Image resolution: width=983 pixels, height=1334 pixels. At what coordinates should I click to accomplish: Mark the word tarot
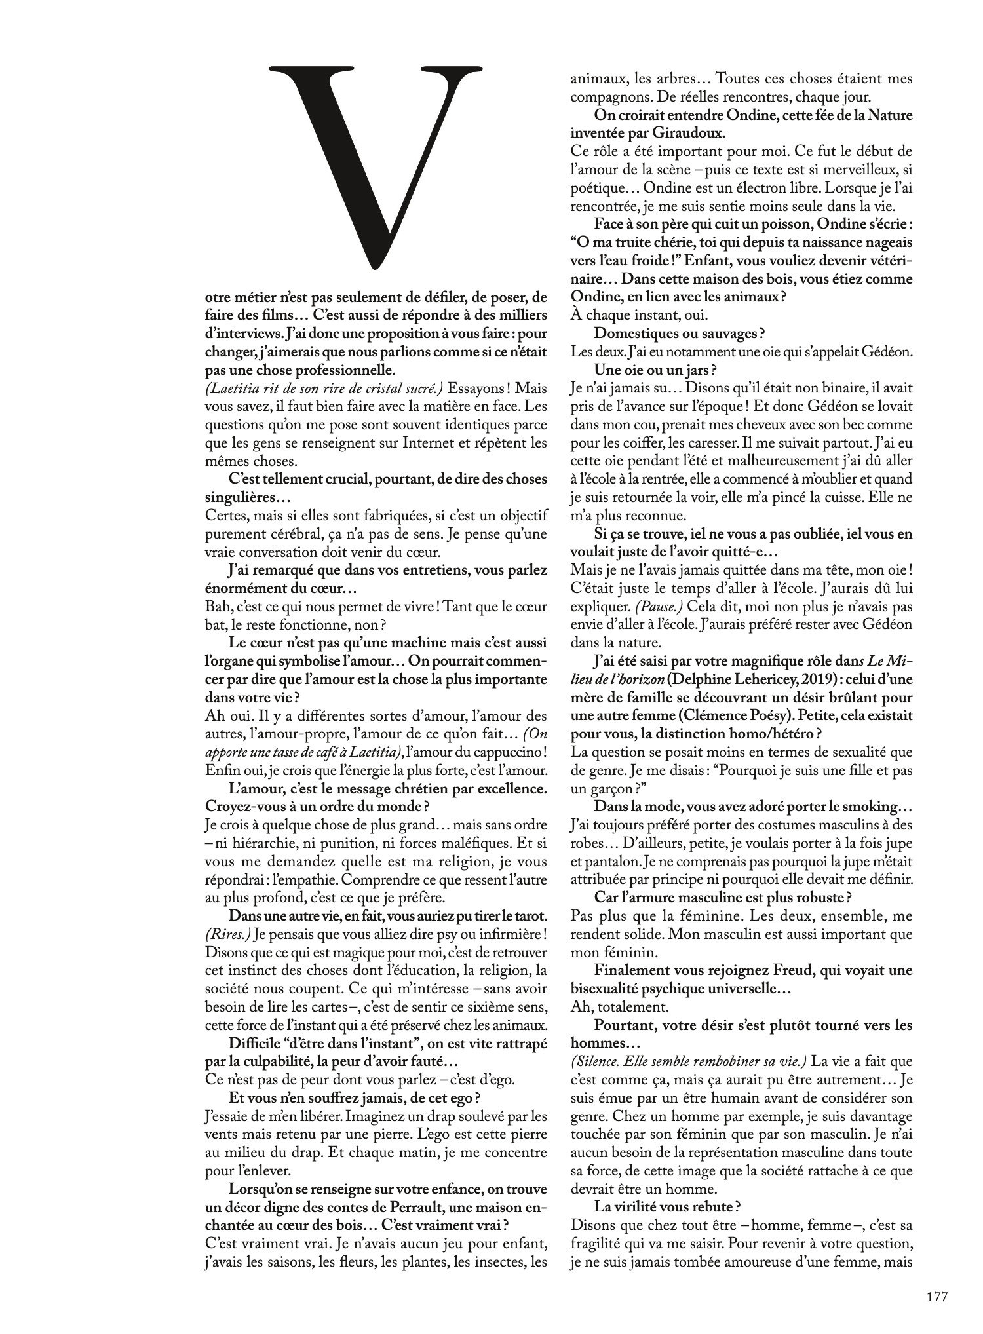coord(530,914)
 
